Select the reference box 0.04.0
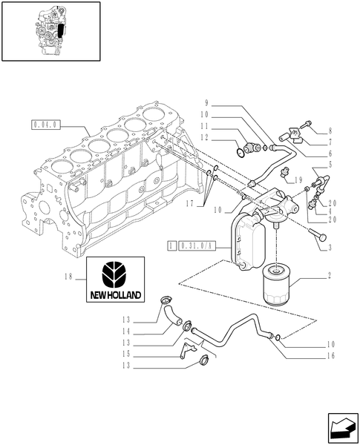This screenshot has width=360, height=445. point(45,125)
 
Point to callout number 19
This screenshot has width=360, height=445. point(298,180)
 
